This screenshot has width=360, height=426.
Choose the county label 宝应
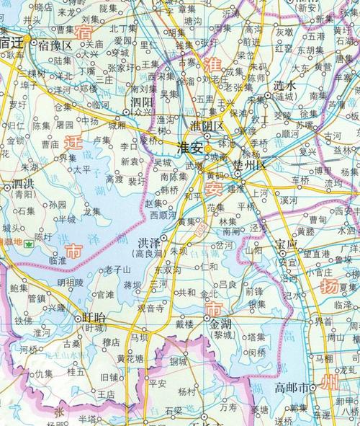click(285, 244)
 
